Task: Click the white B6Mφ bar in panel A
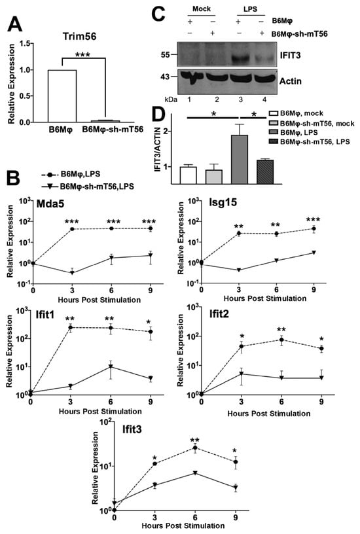pyautogui.click(x=62, y=96)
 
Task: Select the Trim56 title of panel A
pyautogui.click(x=79, y=36)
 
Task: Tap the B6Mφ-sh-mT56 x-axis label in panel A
pyautogui.click(x=113, y=130)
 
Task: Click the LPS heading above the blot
pyautogui.click(x=250, y=9)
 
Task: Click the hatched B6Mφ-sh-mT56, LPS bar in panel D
pyautogui.click(x=265, y=172)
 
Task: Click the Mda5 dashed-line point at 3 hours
pyautogui.click(x=72, y=229)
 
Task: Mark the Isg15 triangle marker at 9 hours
pyautogui.click(x=314, y=253)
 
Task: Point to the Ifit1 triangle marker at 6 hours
pyautogui.click(x=111, y=366)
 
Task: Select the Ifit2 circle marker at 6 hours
pyautogui.click(x=281, y=340)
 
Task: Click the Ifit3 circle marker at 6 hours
pyautogui.click(x=195, y=448)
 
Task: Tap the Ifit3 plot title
pyautogui.click(x=132, y=430)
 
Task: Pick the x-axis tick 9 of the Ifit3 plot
pyautogui.click(x=236, y=518)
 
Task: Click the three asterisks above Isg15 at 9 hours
pyautogui.click(x=313, y=220)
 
